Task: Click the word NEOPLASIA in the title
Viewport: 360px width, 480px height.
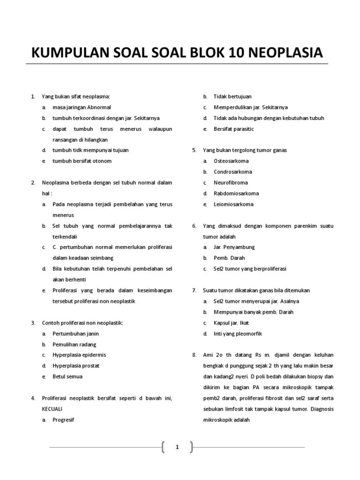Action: [x=281, y=52]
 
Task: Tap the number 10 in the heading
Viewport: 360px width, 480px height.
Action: [x=227, y=52]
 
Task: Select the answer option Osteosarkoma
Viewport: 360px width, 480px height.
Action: [x=231, y=161]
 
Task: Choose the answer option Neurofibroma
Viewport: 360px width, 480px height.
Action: [x=231, y=182]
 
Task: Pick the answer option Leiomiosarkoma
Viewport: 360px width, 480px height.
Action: [x=233, y=204]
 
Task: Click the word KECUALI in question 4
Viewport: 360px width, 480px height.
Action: [x=52, y=409]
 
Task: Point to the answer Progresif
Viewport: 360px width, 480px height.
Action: [x=63, y=420]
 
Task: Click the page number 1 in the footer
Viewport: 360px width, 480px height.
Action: [x=177, y=447]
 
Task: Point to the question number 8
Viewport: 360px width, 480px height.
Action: [x=194, y=355]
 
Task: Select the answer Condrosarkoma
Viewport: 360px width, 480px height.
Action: [x=232, y=172]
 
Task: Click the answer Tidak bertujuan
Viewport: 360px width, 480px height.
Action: [x=232, y=96]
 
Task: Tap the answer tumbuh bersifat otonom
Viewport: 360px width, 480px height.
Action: [x=82, y=161]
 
